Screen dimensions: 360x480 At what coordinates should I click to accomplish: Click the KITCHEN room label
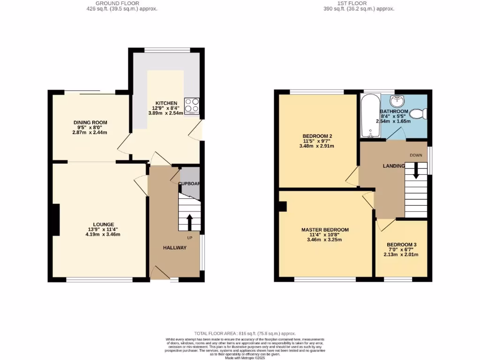166,103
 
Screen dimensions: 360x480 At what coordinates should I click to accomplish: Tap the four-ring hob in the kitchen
192,105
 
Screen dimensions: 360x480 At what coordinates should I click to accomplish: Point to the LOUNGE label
104,225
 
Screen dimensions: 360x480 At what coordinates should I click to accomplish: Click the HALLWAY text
175,247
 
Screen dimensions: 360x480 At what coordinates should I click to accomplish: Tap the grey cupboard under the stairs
190,183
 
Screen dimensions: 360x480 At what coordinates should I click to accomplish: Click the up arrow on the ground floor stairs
189,222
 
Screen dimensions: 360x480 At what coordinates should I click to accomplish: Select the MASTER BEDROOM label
325,230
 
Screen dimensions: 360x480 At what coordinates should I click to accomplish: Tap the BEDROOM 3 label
402,245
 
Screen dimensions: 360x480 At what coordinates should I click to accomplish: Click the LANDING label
393,166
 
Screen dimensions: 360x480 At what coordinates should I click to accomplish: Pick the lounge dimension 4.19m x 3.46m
104,234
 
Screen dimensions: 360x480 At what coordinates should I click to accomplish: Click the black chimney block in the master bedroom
283,206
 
